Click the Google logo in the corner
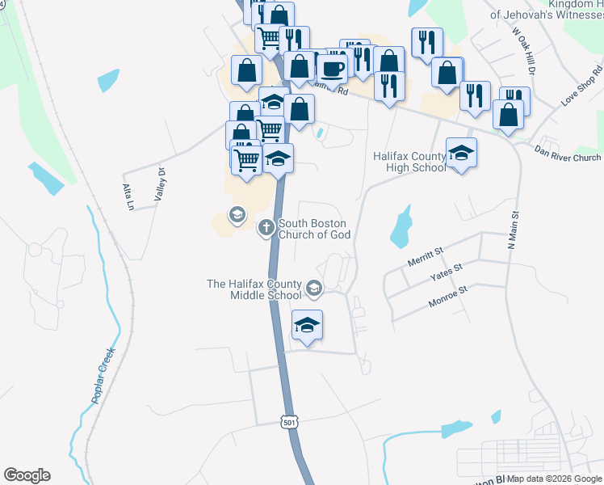click(x=27, y=475)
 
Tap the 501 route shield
click(x=291, y=422)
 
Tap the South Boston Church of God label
click(x=313, y=229)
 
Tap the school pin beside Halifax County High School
click(x=461, y=153)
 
